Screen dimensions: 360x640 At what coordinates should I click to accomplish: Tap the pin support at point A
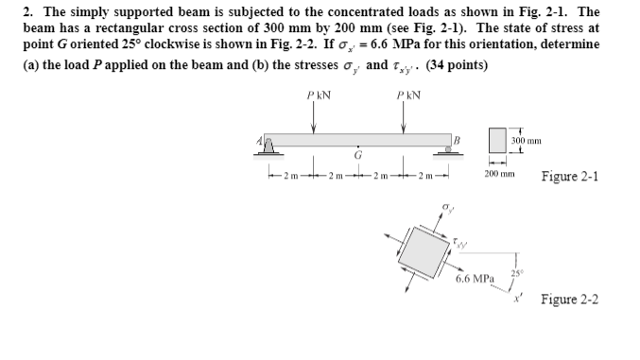268,146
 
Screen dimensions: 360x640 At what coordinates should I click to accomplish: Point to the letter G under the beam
357,155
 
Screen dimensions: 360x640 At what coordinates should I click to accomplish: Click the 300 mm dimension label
526,140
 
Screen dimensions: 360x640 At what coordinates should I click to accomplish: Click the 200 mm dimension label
499,176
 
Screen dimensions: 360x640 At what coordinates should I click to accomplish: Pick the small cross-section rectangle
499,141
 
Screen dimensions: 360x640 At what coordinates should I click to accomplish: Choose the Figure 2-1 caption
570,177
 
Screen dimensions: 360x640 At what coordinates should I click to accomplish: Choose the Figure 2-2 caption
570,300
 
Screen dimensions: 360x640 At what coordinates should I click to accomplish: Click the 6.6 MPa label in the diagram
474,280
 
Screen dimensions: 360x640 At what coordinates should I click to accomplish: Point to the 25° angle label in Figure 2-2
515,274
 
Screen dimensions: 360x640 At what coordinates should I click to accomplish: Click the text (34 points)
458,65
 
